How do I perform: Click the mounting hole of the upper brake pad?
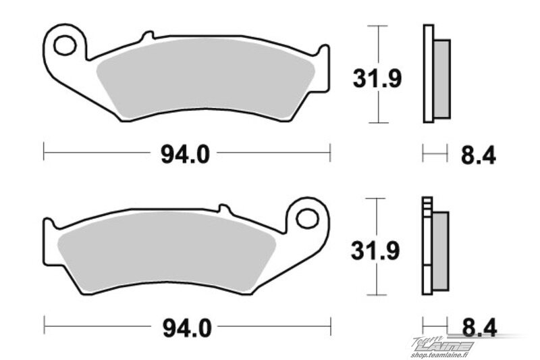coord(64,45)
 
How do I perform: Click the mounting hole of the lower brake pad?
coord(308,218)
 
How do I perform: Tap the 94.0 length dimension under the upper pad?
coord(185,155)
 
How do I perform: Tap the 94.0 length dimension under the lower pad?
coord(187,328)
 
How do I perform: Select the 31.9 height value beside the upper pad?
coord(377,78)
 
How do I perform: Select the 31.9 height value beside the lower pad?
coord(375,251)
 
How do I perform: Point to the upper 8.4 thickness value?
coord(479,155)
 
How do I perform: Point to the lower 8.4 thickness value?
coord(479,328)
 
